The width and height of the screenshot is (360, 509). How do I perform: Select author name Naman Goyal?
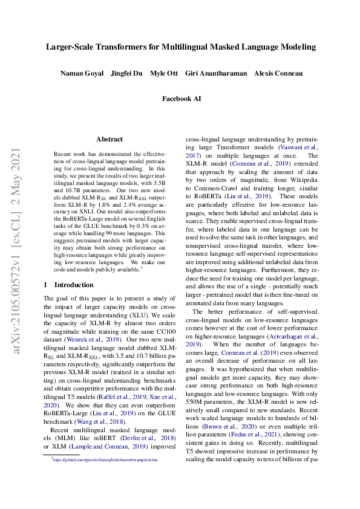point(82,73)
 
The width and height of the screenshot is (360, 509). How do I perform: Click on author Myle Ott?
point(163,73)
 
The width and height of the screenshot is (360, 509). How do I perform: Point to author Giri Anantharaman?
point(216,73)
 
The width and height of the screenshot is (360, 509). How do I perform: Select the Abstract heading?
point(110,139)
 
